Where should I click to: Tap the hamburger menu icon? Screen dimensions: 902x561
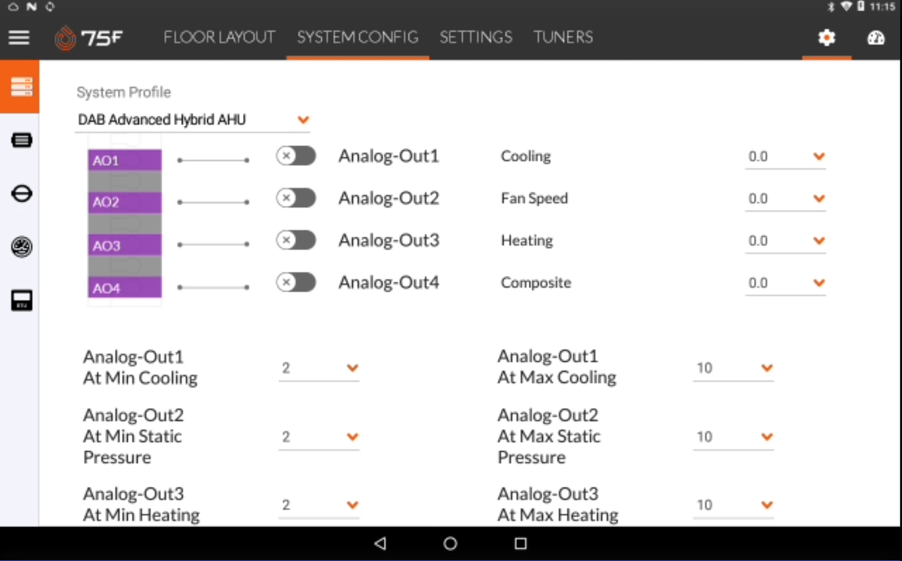tap(19, 38)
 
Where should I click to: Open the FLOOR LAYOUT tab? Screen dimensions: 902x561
tap(219, 38)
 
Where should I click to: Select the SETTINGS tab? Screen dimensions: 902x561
tap(476, 38)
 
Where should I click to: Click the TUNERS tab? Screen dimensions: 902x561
tap(563, 38)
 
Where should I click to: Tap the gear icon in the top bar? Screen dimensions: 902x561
tap(827, 38)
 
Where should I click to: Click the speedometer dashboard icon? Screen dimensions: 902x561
tap(875, 38)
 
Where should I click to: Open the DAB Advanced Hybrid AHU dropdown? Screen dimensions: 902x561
tap(192, 120)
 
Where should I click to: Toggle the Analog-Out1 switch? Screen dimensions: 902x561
tap(296, 156)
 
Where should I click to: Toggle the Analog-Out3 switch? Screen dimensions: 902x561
tap(296, 240)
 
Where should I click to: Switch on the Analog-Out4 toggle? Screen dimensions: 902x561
tap(296, 282)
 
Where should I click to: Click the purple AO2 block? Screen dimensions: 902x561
tap(125, 202)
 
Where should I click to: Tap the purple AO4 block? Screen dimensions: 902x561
tap(125, 287)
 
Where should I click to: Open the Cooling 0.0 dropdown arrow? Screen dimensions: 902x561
tap(819, 156)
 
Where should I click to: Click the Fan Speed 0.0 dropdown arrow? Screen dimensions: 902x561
tap(819, 199)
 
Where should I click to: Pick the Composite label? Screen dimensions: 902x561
tap(536, 282)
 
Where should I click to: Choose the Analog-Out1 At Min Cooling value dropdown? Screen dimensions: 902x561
tap(318, 368)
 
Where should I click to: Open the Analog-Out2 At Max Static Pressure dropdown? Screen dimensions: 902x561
tap(733, 436)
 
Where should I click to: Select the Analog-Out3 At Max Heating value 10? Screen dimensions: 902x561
tap(705, 505)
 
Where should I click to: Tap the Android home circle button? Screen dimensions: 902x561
tap(450, 544)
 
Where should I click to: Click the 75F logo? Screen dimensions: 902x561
tap(89, 38)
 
